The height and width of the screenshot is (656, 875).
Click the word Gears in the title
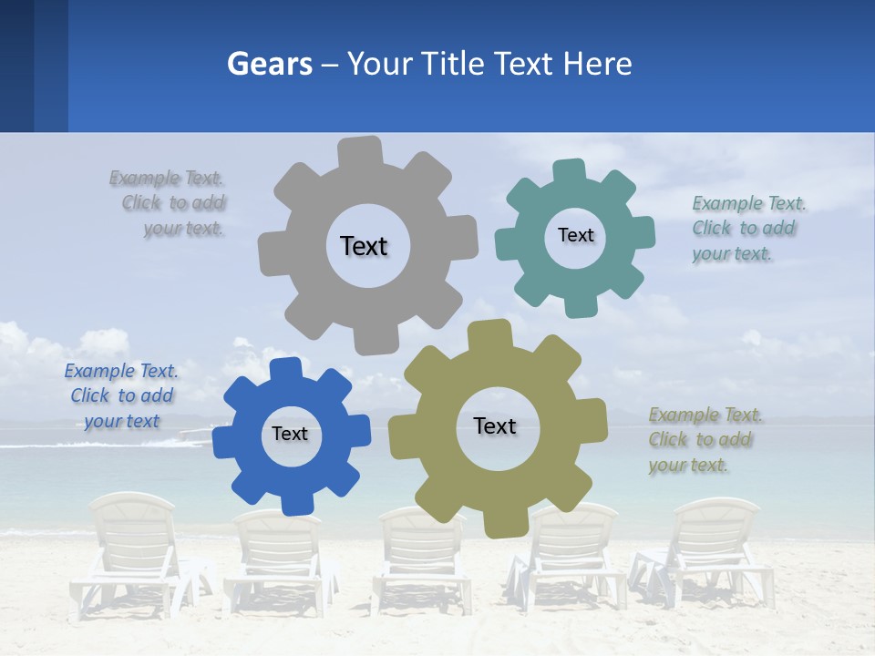(269, 64)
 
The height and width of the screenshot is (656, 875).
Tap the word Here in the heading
(597, 64)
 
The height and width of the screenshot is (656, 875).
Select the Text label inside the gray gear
(364, 246)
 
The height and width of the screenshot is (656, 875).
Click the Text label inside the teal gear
(575, 235)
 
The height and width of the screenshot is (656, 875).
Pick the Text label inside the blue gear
(290, 434)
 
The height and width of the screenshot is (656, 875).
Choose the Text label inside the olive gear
(495, 425)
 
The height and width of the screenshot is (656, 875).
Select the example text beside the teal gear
(747, 228)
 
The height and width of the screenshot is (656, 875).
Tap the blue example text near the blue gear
(121, 395)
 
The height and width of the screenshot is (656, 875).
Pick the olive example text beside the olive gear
(704, 439)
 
